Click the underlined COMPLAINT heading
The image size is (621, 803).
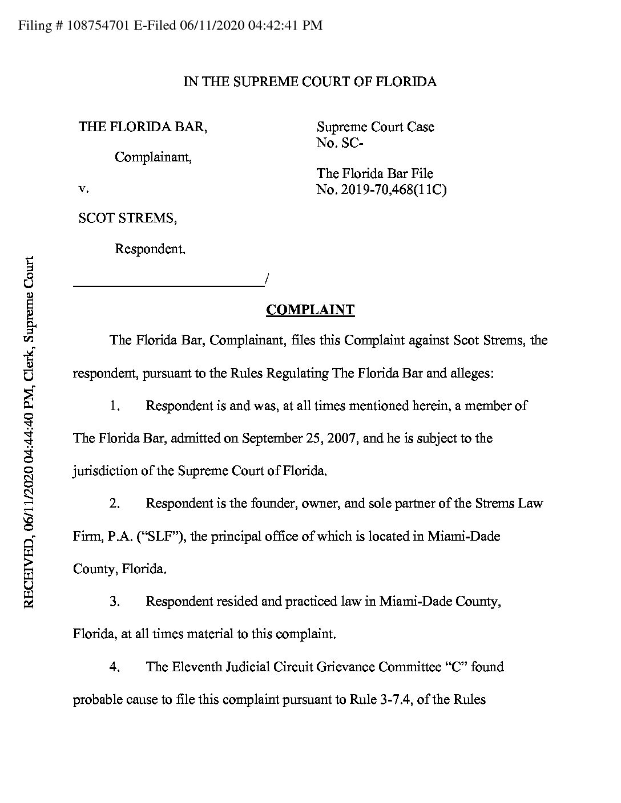pos(310,310)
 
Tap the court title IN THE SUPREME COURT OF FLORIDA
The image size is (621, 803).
pos(309,82)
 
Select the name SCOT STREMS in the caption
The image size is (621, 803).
pos(127,218)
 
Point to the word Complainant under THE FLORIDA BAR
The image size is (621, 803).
pos(153,157)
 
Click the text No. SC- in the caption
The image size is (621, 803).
pos(340,143)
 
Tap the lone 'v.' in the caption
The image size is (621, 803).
pos(82,188)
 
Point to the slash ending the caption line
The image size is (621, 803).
pos(267,279)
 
